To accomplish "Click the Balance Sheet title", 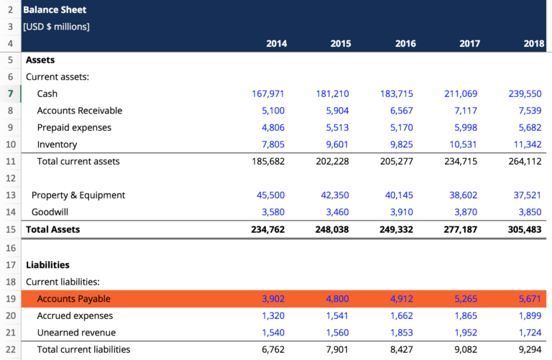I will (x=54, y=10).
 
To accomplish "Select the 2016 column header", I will (x=405, y=44).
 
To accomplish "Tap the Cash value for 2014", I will (x=268, y=93).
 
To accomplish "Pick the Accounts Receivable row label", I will (x=80, y=111).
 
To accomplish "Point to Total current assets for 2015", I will (x=332, y=161).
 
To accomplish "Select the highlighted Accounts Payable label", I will (x=74, y=299).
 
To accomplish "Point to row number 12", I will (x=11, y=178).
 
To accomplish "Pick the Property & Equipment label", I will (x=78, y=195).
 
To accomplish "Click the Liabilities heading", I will (x=47, y=264).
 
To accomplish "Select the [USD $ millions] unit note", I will (x=57, y=27).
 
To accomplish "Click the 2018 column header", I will (x=534, y=44).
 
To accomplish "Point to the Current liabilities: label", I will (x=63, y=282).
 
